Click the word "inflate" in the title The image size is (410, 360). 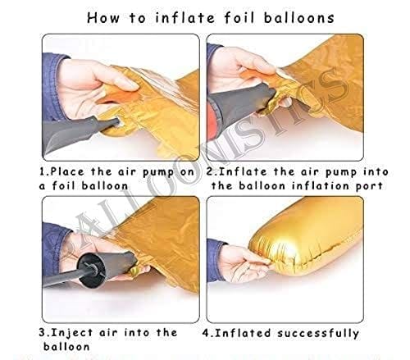(x=185, y=18)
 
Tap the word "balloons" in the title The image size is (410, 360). (x=299, y=18)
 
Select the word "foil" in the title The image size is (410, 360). (x=239, y=18)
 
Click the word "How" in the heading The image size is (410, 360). (x=103, y=18)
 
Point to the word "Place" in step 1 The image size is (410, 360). (x=67, y=171)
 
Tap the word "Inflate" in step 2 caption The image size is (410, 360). (x=243, y=171)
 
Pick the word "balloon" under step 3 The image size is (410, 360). (x=66, y=347)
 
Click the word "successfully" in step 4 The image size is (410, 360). (x=318, y=334)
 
